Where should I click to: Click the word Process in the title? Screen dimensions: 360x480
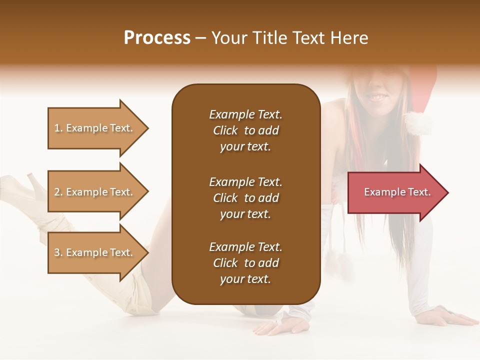157,38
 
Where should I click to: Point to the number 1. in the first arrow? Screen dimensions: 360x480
58,128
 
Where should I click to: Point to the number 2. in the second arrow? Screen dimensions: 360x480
58,192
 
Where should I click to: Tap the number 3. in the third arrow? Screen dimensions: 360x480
58,252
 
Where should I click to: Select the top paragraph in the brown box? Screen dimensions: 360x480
245,130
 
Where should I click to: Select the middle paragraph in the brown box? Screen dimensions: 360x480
245,198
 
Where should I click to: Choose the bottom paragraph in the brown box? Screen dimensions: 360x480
245,263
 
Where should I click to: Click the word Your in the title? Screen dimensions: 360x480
228,38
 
